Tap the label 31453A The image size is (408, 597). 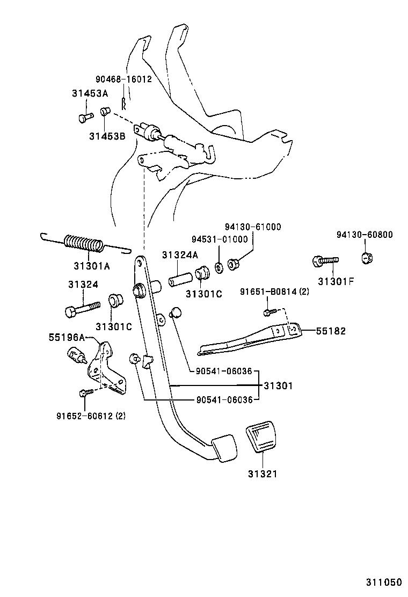(x=90, y=93)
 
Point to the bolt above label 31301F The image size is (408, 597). (x=325, y=261)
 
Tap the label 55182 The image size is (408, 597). (x=330, y=331)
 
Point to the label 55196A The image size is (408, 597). (x=67, y=337)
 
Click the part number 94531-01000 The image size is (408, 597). (x=220, y=239)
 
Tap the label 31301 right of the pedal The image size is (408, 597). (x=278, y=385)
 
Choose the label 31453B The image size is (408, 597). (x=107, y=136)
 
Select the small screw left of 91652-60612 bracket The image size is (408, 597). (x=84, y=394)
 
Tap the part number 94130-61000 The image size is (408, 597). (x=252, y=227)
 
